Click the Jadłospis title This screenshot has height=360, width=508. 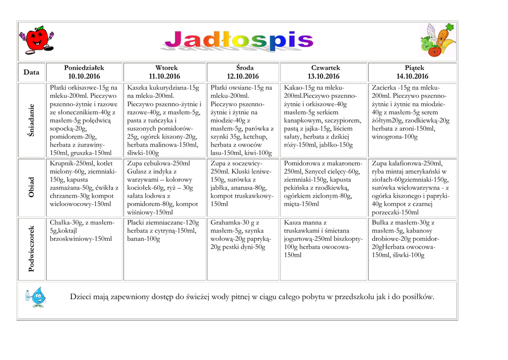236,41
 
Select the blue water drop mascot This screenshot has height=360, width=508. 36,296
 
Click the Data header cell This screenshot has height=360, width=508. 31,72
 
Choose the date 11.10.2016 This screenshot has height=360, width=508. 166,76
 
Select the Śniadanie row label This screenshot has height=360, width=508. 32,121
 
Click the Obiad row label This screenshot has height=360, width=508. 32,187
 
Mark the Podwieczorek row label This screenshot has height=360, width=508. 32,249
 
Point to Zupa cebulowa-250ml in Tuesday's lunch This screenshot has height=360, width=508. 158,163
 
